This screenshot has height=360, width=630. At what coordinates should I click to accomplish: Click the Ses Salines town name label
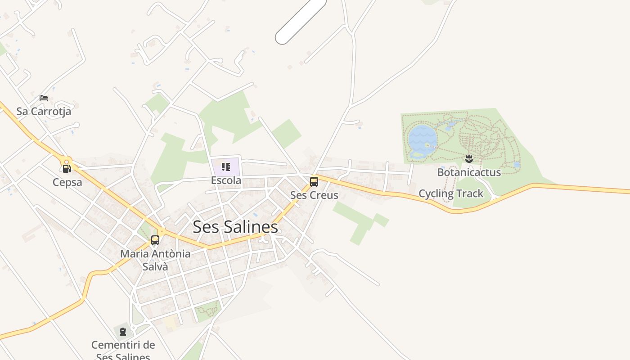coord(235,227)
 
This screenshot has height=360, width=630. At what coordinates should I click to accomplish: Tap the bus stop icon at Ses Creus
coord(314,182)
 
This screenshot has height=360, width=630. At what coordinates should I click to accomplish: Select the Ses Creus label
coord(314,195)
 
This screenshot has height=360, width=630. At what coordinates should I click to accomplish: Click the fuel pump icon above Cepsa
coord(67,169)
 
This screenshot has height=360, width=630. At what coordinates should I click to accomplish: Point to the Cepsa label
coord(67,182)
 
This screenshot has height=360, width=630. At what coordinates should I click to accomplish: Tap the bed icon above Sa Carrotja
coord(44,98)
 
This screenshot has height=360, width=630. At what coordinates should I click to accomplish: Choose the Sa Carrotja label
coord(44,111)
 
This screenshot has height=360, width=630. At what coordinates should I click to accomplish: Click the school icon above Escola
coord(226,167)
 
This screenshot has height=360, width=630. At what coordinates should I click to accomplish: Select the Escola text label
coord(226,180)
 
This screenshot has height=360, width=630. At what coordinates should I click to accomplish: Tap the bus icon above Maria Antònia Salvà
coord(155,240)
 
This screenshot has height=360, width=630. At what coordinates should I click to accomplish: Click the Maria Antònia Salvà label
coord(155,260)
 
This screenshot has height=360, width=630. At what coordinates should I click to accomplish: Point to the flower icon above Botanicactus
coord(469,158)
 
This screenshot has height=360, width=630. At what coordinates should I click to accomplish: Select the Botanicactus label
coord(469,172)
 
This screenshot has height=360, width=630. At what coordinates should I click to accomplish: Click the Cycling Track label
coord(451,193)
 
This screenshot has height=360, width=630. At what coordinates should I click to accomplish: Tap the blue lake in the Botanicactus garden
coord(422,137)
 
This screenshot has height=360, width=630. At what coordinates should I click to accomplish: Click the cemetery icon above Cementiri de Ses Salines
coord(123,332)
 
